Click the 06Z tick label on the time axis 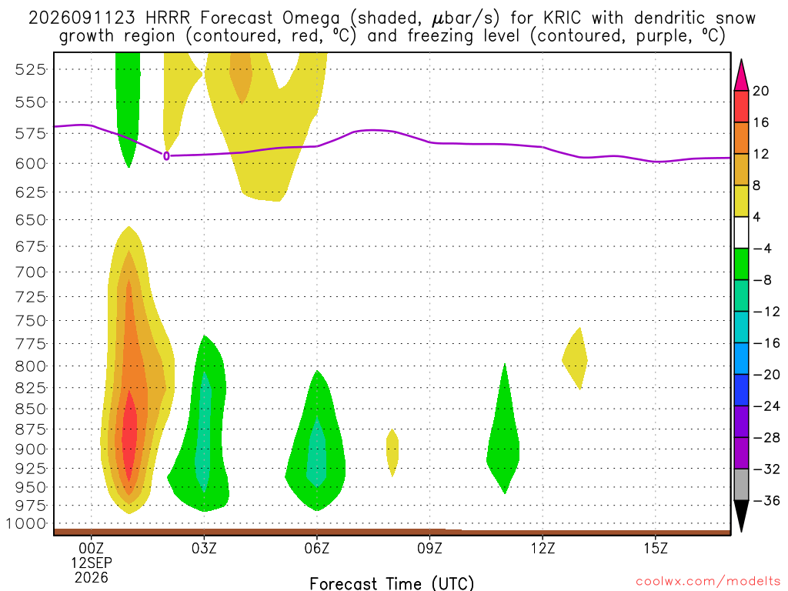coord(316,548)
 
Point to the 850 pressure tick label coord(31,409)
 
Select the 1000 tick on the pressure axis coord(26,523)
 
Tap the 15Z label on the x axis coord(656,548)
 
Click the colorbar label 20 coord(761,91)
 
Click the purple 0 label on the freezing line coord(166,156)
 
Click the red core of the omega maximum coord(129,436)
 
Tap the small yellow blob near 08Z coord(392,452)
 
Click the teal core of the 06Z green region coord(316,452)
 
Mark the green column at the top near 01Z coord(128,101)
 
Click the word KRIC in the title coord(562,18)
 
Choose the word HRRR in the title coord(168,18)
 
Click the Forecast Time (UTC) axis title coord(392,583)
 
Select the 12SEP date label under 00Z coord(92,563)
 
